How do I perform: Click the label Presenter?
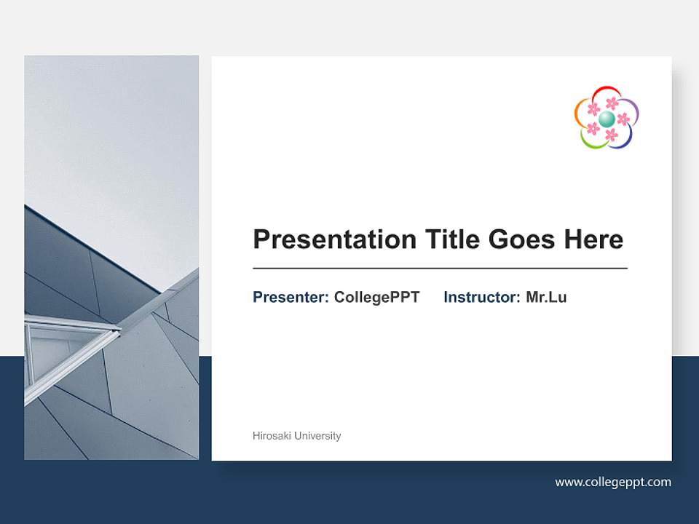[x=291, y=297]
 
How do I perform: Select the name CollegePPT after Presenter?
[x=376, y=297]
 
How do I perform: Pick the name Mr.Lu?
[x=546, y=297]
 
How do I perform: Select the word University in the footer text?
[x=318, y=436]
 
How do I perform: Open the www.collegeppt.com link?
[x=613, y=482]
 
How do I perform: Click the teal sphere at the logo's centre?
[x=607, y=119]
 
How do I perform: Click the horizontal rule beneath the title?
[x=440, y=269]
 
